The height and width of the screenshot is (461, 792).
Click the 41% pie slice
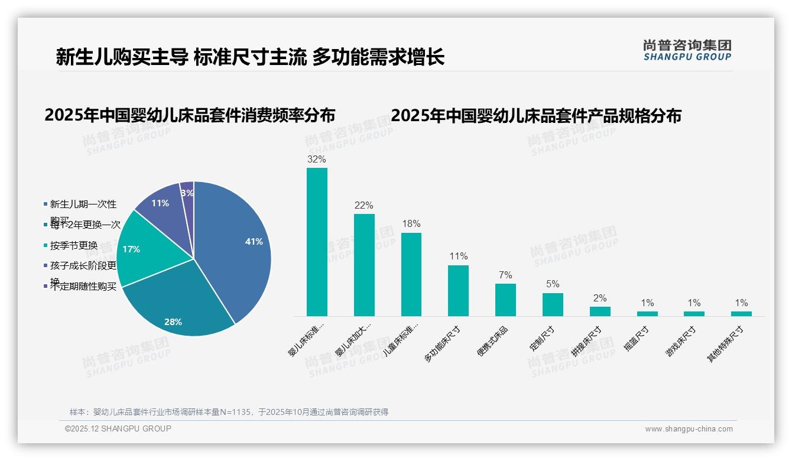pyautogui.click(x=236, y=242)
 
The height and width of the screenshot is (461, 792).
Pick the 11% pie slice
pyautogui.click(x=161, y=204)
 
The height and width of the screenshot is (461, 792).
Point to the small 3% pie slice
pyautogui.click(x=187, y=193)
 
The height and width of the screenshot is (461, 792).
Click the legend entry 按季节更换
pyautogui.click(x=73, y=245)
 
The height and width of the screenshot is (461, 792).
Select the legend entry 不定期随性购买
pyautogui.click(x=83, y=287)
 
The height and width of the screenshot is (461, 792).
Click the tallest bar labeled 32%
pyautogui.click(x=317, y=242)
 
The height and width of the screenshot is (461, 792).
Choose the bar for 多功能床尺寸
pyautogui.click(x=458, y=291)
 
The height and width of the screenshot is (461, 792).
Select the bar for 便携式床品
pyautogui.click(x=505, y=300)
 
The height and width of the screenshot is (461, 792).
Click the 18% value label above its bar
pyautogui.click(x=411, y=224)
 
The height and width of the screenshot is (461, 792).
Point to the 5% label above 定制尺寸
pyautogui.click(x=553, y=284)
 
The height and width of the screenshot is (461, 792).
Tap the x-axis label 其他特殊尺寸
pyautogui.click(x=726, y=345)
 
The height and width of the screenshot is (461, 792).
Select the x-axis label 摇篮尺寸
pyautogui.click(x=637, y=339)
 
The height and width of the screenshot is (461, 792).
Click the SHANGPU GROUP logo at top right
pyautogui.click(x=687, y=50)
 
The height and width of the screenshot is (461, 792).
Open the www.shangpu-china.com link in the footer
pyautogui.click(x=689, y=429)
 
